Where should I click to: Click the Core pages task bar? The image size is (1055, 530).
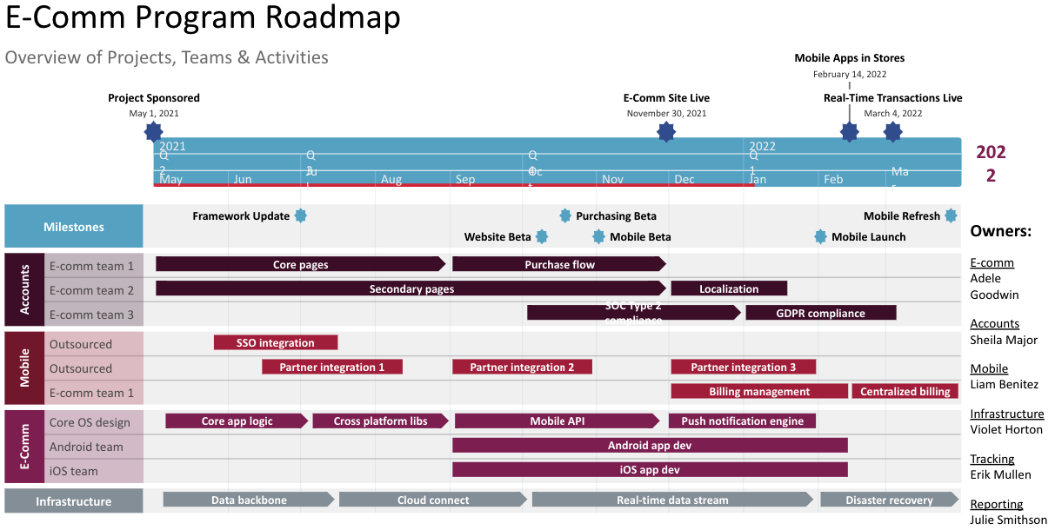coord(300,264)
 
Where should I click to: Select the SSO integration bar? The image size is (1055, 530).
coord(275,342)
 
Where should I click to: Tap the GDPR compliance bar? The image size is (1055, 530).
coord(820,313)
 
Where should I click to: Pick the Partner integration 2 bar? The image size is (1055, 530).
coord(522,367)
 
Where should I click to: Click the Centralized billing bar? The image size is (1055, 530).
coord(905,391)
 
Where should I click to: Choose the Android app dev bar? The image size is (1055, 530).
coord(650,446)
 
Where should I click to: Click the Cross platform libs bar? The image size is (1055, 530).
coord(381,421)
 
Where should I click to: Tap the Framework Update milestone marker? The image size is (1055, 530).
coord(301,215)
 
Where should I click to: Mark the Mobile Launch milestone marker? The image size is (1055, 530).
coord(820,236)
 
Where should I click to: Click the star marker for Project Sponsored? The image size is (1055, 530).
coord(154,132)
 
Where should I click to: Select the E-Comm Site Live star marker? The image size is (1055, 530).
coord(666,132)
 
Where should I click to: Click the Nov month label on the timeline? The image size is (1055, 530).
coord(613,179)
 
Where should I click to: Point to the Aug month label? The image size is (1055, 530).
coord(391,179)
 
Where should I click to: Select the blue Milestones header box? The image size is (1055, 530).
coord(74,227)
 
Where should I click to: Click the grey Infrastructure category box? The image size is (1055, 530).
coord(74,501)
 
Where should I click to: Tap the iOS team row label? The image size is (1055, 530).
coord(73,471)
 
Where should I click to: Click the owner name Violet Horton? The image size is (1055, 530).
coord(1006,429)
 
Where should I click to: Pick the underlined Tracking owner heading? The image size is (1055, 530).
coord(992,459)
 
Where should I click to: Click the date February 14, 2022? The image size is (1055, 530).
coord(850,74)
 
